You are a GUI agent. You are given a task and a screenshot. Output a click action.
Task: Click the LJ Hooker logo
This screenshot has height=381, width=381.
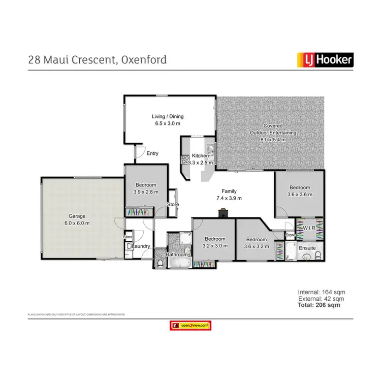point(325,60)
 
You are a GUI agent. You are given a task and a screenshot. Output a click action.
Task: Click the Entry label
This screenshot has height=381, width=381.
point(152,153)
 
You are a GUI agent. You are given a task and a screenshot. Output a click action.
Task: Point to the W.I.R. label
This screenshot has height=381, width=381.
point(310,228)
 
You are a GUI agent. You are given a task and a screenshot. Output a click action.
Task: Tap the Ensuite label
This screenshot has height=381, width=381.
point(307,248)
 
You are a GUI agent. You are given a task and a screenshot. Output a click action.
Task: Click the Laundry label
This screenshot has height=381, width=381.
point(141,246)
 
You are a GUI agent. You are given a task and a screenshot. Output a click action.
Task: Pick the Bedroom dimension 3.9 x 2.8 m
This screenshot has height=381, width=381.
point(145,192)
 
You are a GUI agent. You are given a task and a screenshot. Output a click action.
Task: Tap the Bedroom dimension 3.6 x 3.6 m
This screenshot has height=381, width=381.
point(299,194)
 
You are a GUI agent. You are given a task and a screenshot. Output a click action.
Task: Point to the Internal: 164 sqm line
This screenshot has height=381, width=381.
point(318,293)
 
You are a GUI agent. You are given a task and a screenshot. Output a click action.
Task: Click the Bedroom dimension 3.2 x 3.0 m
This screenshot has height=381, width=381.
point(215,246)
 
